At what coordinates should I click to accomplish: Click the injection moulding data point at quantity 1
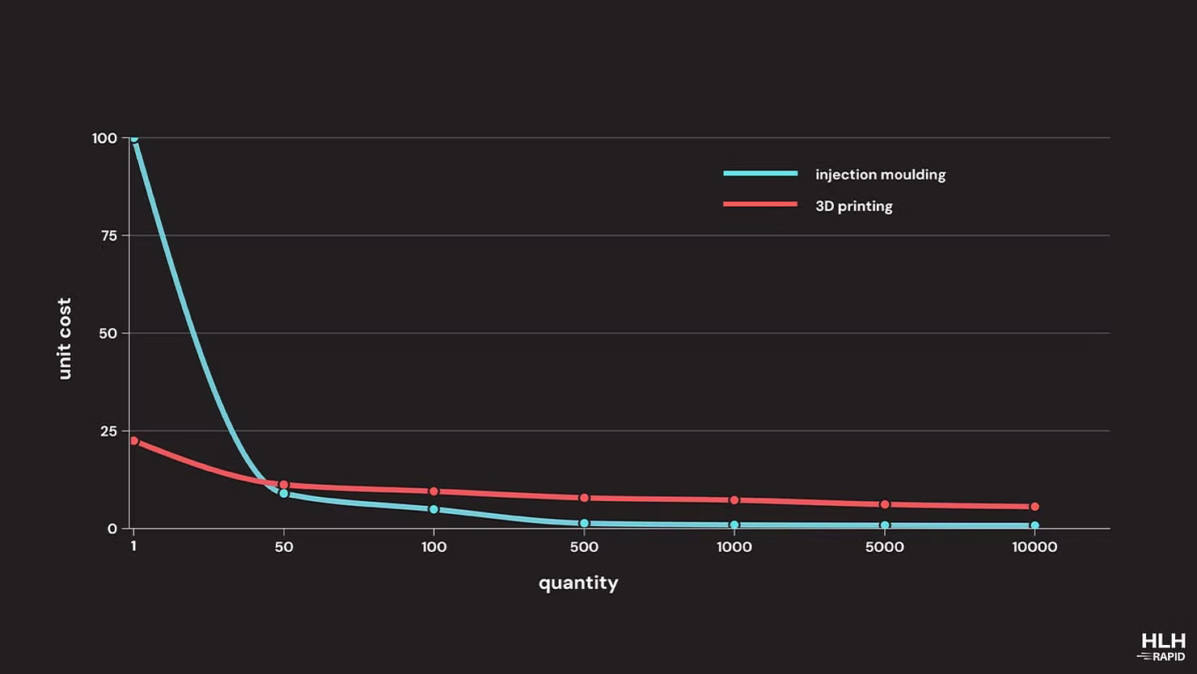(x=134, y=138)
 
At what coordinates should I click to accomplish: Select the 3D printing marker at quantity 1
(x=134, y=440)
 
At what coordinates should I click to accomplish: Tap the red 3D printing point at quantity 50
(x=284, y=485)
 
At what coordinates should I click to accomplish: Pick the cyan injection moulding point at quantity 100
(x=434, y=509)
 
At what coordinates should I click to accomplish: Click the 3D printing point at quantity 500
(x=584, y=498)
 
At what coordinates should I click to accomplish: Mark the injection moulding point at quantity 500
(x=584, y=524)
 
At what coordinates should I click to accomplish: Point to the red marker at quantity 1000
(x=734, y=500)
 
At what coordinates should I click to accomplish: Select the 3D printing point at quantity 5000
(x=885, y=504)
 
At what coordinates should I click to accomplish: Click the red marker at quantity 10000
(x=1034, y=507)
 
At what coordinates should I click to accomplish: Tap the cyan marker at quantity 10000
(x=1034, y=526)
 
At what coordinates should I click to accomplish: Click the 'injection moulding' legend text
(x=880, y=175)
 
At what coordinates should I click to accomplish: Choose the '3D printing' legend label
(x=853, y=206)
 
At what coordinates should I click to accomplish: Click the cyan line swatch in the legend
(x=760, y=174)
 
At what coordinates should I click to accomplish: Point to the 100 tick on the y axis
(x=104, y=138)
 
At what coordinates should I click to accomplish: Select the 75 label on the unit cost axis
(x=108, y=235)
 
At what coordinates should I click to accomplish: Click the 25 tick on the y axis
(x=108, y=431)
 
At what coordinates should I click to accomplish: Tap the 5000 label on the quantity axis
(x=884, y=547)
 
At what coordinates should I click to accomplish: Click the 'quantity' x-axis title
(x=578, y=583)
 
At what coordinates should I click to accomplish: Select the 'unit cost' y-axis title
(x=65, y=339)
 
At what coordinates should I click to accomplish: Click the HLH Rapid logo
(x=1162, y=647)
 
